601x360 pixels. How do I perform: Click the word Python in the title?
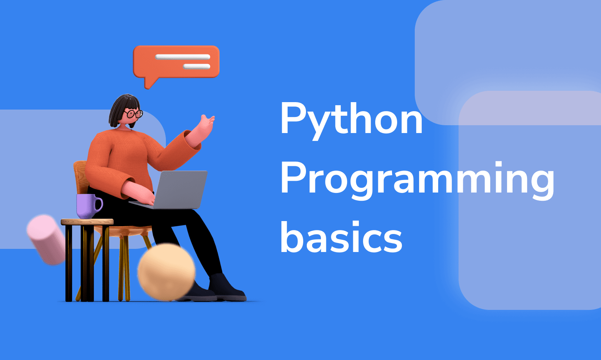point(351,121)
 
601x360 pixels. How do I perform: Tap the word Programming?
point(417,181)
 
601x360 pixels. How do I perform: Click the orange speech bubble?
point(176,65)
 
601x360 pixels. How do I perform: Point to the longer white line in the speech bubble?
point(183,57)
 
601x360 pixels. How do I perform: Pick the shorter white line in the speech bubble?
point(197,67)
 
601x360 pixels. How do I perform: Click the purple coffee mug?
point(89,206)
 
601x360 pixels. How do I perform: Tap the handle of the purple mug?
point(99,205)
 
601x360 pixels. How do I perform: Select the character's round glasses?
point(134,114)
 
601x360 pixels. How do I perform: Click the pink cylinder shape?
point(47,240)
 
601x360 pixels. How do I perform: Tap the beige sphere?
point(167,272)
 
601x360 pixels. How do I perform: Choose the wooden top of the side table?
point(87,222)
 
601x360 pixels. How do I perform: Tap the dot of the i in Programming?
point(498,164)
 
